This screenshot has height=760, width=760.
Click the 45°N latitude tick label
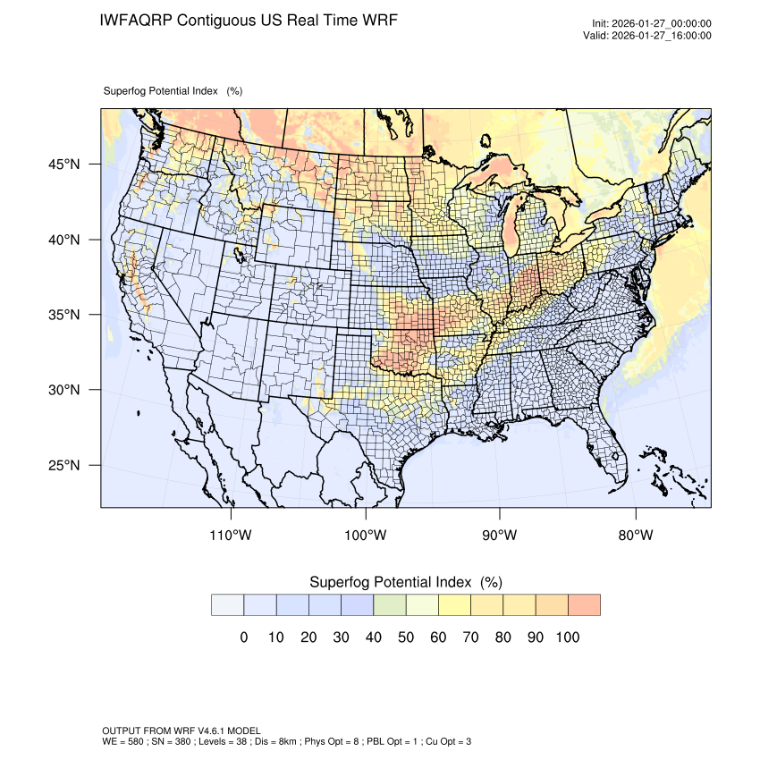tap(63, 165)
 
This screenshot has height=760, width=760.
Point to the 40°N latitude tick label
tap(63, 240)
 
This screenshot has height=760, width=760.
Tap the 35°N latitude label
tap(63, 315)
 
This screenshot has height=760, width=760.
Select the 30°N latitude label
tap(63, 390)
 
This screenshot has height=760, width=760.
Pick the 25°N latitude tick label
tap(63, 465)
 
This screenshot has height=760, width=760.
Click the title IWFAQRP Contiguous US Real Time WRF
tap(249, 20)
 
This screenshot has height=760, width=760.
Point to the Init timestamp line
tap(652, 24)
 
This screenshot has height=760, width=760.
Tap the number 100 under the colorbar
tap(567, 638)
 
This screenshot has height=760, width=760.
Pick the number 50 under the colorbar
tap(405, 638)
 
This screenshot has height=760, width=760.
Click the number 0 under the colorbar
tap(243, 638)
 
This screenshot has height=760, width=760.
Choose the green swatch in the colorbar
tap(389, 605)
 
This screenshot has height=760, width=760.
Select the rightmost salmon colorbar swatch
tap(584, 605)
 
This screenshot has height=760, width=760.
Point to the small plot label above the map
tap(173, 91)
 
